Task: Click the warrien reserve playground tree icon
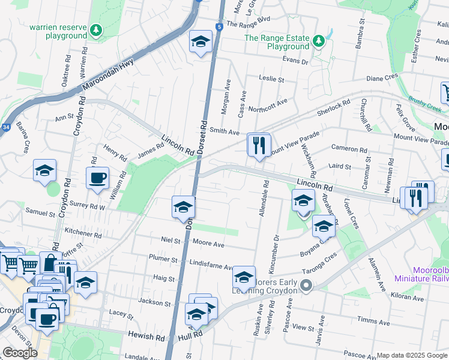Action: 95,29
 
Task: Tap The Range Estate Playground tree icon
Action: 319,41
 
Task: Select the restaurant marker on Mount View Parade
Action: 259,145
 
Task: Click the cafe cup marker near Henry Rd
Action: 97,178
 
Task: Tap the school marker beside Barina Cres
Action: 44,171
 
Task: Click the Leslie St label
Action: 271,79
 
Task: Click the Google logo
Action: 20,353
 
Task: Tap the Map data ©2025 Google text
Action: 412,355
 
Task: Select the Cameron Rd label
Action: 349,149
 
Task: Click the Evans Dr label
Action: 295,61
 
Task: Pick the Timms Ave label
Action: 370,321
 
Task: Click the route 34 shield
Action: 5,127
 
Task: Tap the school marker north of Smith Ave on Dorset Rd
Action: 200,42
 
